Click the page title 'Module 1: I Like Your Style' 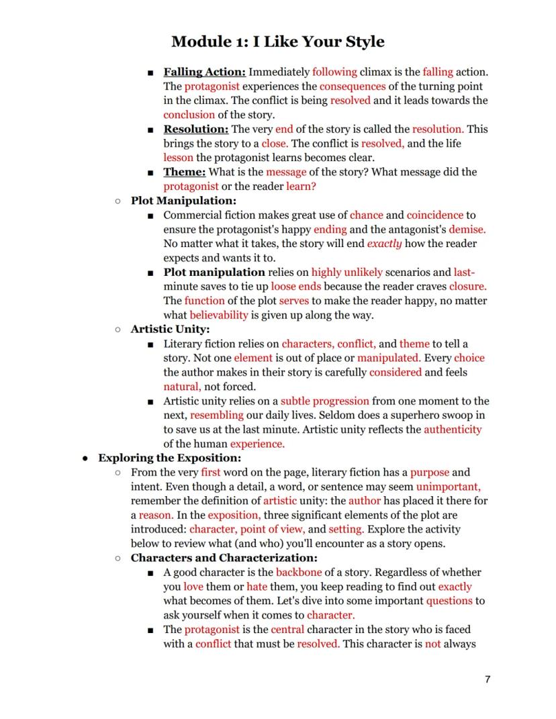[278, 42]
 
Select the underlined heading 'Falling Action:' [205, 72]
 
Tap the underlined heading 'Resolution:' [196, 129]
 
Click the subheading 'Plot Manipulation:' [183, 201]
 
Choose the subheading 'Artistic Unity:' [170, 329]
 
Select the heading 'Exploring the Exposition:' [169, 458]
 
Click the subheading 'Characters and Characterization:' [224, 558]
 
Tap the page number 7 [488, 679]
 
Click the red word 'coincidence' [434, 215]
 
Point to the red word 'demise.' [463, 229]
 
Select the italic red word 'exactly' [384, 244]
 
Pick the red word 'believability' [218, 315]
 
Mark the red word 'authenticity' [453, 429]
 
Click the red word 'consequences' [353, 86]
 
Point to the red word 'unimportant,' [448, 487]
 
